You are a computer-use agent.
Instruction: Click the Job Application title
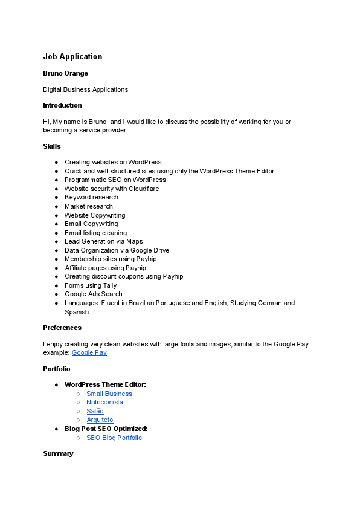point(72,57)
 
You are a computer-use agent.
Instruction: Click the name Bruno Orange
point(65,73)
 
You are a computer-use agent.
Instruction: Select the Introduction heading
point(62,105)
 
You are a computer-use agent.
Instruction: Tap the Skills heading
point(51,146)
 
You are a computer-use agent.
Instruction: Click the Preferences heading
point(62,328)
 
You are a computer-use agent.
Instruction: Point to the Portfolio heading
point(57,368)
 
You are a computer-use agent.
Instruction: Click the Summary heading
point(58,453)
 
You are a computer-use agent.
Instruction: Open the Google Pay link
point(89,352)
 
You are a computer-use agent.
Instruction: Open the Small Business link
point(109,394)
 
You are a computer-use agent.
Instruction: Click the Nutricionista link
point(104,402)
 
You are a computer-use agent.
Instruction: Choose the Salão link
point(95,411)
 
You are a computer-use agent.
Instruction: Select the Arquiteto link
point(100,420)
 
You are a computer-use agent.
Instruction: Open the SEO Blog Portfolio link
point(114,438)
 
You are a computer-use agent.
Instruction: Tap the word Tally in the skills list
point(109,285)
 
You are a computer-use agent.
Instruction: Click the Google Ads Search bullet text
point(93,294)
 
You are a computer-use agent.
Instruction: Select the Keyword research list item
point(91,197)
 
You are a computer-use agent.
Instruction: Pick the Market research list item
point(89,206)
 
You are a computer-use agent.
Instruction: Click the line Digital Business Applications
point(85,89)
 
